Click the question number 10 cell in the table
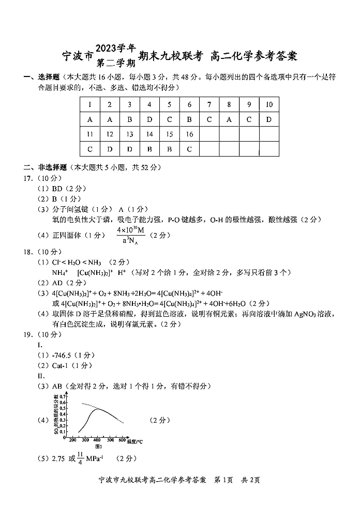(x=269, y=104)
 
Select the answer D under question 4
(x=149, y=119)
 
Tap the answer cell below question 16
(x=189, y=149)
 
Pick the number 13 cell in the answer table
(x=130, y=134)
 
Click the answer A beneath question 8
(x=229, y=119)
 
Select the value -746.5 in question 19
(x=64, y=355)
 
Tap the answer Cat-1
(x=62, y=365)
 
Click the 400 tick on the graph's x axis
(x=97, y=440)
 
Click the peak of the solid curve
(x=97, y=409)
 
